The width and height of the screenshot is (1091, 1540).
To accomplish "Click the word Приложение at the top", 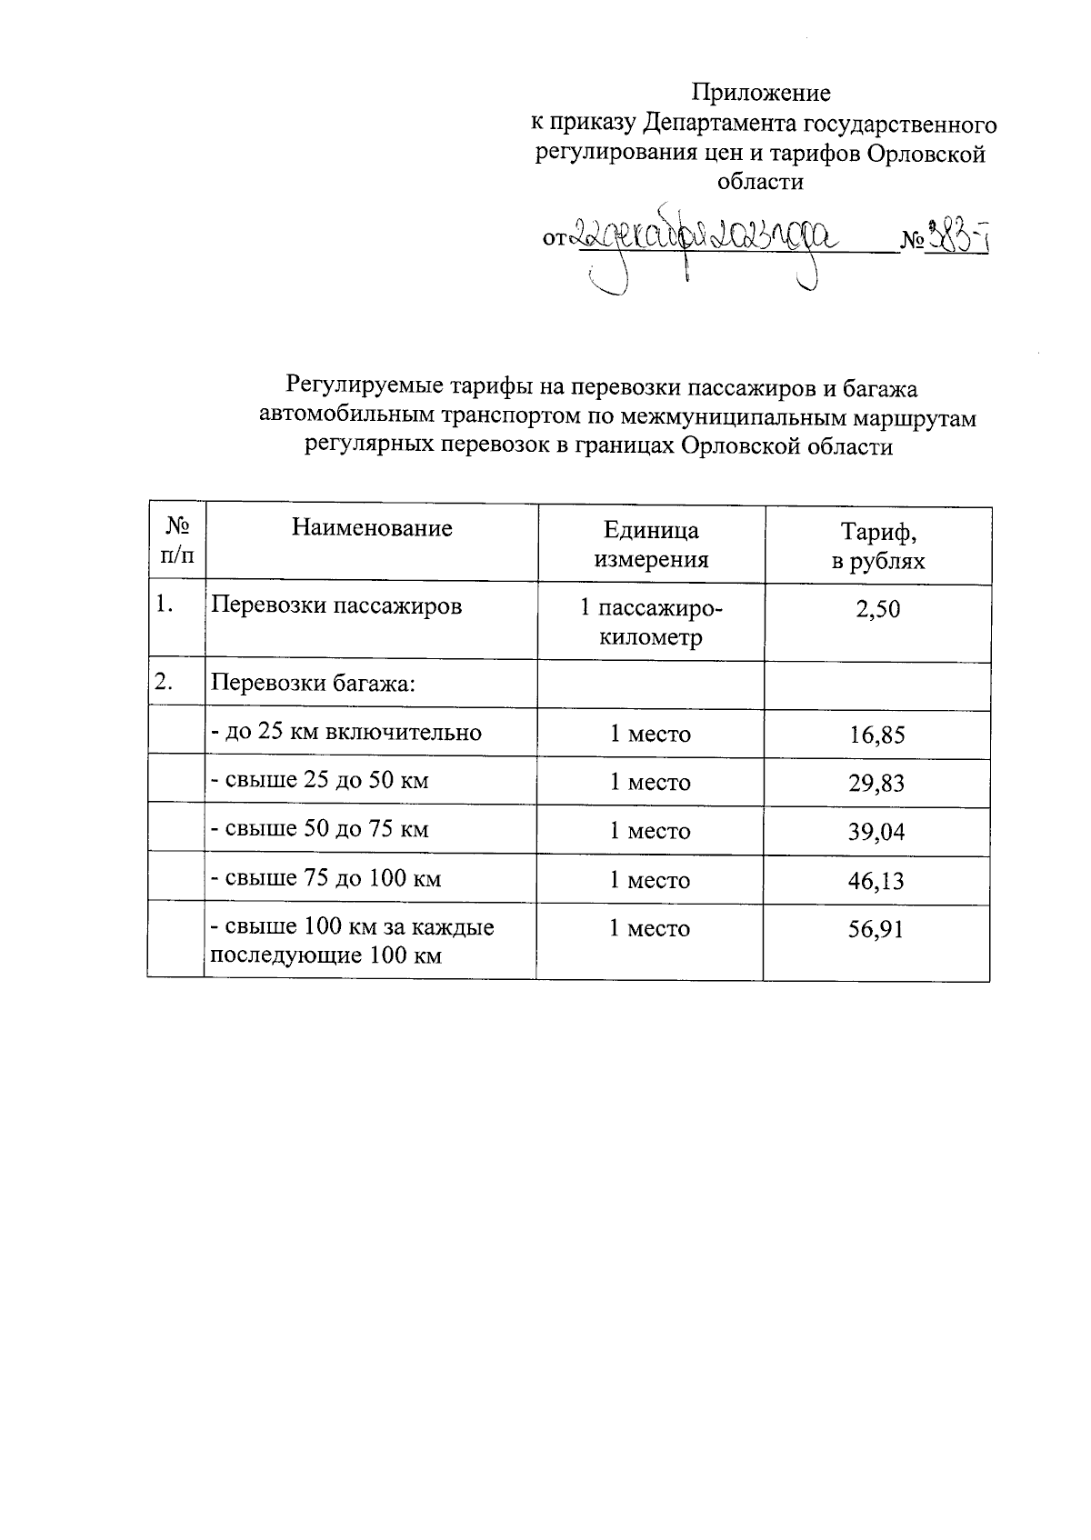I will coord(761,93).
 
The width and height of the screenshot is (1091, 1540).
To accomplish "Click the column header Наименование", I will coord(372,528).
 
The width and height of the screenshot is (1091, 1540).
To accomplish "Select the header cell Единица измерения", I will coord(651,545).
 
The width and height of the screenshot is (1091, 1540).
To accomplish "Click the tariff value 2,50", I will coord(877,609).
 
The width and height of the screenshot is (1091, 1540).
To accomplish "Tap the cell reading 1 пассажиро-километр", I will coord(651,622).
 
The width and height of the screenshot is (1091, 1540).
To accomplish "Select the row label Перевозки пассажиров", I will coord(336,605).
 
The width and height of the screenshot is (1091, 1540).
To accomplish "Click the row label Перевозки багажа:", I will coord(313,684).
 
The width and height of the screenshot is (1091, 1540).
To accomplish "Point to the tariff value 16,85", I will coord(877,735).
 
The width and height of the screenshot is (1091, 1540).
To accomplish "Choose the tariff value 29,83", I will coord(877,783).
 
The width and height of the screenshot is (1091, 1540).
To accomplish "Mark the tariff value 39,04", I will coord(877,832).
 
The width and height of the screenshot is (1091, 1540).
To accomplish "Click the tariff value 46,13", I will coord(877,881).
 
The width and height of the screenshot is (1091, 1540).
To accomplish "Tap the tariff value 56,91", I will coord(877,930).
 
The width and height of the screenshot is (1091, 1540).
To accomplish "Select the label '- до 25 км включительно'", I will coord(345,732).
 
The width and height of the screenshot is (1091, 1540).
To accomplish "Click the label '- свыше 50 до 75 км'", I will coord(319,829).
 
